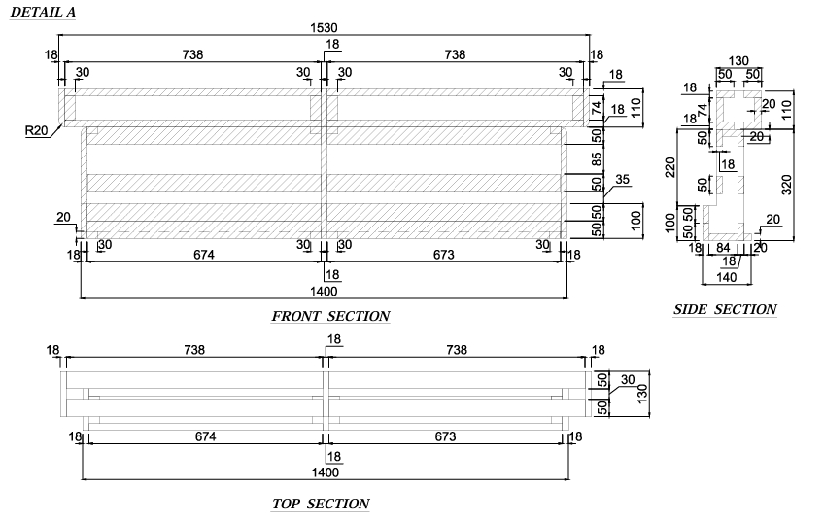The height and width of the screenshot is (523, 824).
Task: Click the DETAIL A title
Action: coord(43,12)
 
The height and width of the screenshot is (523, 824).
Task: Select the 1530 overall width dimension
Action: coord(324,28)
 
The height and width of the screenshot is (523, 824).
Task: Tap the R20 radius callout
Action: coord(36,130)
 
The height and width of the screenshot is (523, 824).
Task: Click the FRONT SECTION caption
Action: coord(330,316)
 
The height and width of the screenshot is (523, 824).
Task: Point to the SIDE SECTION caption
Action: coord(725,309)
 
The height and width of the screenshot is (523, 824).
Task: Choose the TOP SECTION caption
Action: coord(321,504)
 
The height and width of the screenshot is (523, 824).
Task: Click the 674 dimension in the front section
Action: coord(204,255)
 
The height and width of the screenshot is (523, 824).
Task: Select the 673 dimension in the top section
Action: coord(445,436)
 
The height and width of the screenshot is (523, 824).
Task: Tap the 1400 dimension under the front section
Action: coord(324,292)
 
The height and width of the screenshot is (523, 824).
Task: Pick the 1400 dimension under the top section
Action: coord(326,472)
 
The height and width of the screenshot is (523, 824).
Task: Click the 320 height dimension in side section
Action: coord(787,185)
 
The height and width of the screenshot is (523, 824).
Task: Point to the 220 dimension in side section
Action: coord(670,167)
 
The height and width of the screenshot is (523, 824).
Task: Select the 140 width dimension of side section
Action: coord(726,277)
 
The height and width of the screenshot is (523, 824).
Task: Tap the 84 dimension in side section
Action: coord(724,248)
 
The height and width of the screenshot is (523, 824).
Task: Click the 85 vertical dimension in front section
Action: coord(597,158)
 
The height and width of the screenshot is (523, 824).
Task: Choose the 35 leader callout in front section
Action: coord(622,179)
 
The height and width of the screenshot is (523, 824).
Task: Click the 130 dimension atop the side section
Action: coord(738,61)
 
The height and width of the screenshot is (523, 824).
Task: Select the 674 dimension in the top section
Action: coord(205,436)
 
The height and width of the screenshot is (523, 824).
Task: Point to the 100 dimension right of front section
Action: coord(635,221)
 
